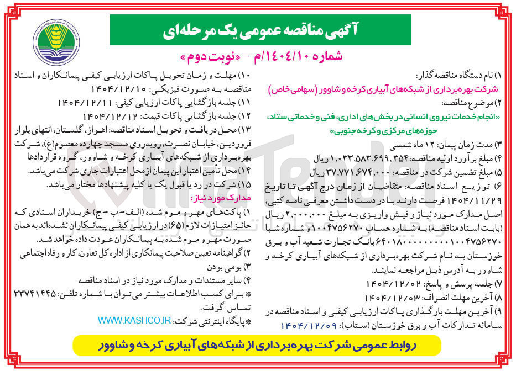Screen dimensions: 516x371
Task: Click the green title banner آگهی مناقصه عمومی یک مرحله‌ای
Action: (x=260, y=30)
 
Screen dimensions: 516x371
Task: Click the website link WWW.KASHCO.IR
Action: (x=134, y=321)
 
